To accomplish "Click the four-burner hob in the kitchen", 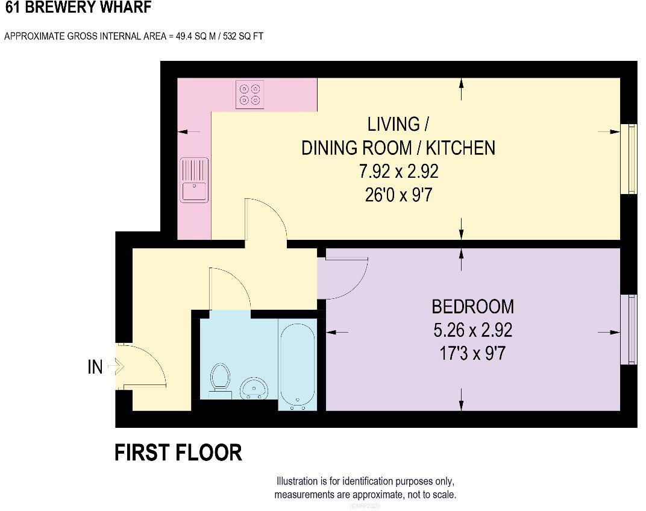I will pos(250,95).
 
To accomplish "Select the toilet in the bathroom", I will pos(220,380).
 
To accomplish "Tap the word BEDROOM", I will pos(472,307).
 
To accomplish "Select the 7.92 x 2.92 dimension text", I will pos(398,172).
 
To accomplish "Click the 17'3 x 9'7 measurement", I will pos(472,353).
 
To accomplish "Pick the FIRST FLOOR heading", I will pos(178,453).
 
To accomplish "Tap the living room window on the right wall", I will pos(632,158).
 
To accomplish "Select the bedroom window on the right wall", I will pos(632,329).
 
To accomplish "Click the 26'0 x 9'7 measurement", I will pos(398,196).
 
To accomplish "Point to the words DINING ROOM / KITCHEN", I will pos(398,148).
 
